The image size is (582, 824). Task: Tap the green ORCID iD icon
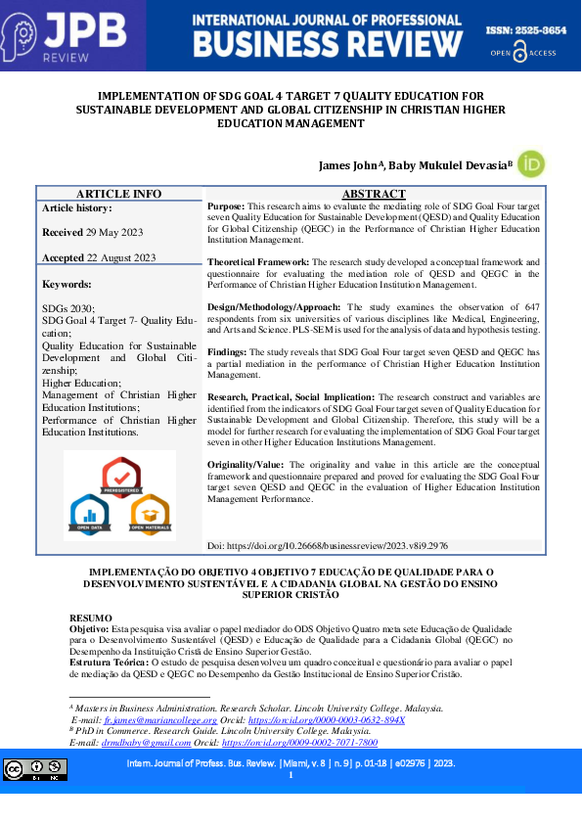click(x=530, y=163)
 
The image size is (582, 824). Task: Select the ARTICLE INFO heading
click(x=119, y=194)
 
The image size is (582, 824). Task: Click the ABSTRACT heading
click(x=374, y=194)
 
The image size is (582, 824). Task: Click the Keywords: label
click(x=67, y=284)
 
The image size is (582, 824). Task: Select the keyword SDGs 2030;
click(x=68, y=308)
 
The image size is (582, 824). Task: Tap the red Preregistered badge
click(x=121, y=478)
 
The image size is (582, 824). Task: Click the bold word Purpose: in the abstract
click(x=226, y=207)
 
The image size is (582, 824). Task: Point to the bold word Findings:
click(x=227, y=350)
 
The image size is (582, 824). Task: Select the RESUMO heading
click(x=90, y=618)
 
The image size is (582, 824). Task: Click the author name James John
click(x=352, y=165)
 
